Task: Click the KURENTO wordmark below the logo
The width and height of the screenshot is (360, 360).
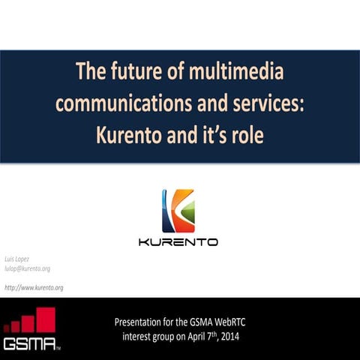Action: [178, 242]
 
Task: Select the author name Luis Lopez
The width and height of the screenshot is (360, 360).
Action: [17, 257]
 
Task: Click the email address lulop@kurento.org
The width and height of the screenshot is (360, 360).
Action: [27, 268]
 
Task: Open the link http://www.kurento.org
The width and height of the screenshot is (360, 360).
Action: [34, 288]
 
